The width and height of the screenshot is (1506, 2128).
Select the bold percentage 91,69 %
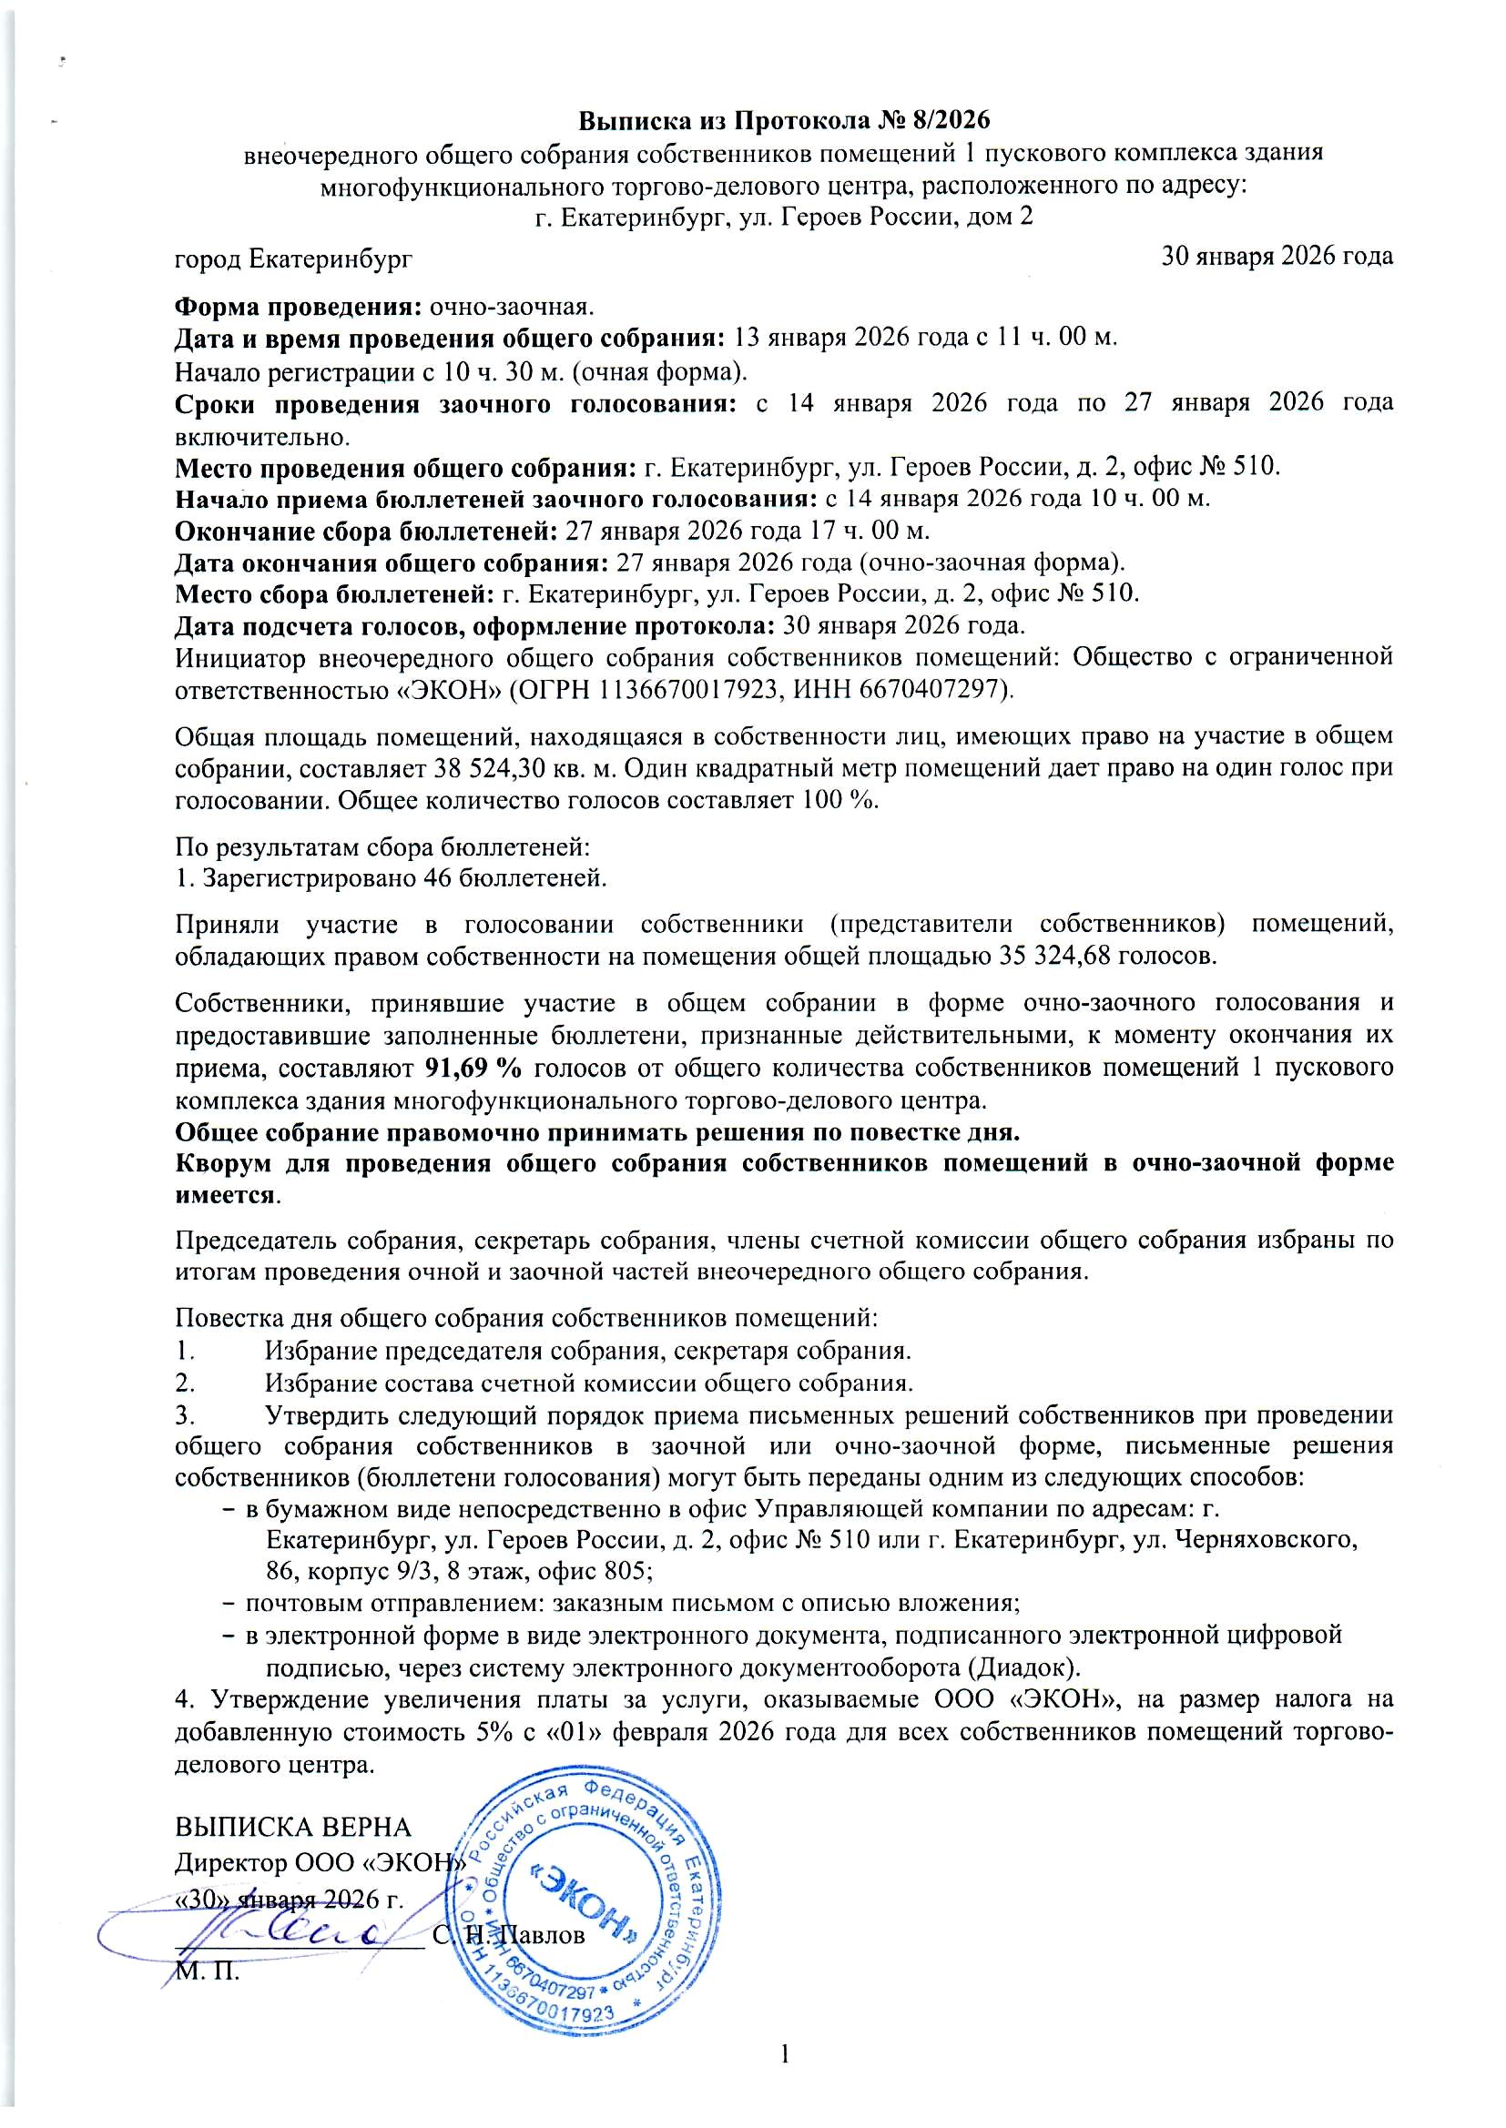[473, 1068]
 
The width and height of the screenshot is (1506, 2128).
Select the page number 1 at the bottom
[786, 2054]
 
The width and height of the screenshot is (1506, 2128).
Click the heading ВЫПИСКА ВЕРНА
[293, 1827]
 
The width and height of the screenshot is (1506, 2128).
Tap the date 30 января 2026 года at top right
[1277, 256]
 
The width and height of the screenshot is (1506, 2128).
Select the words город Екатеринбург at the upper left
[294, 258]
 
